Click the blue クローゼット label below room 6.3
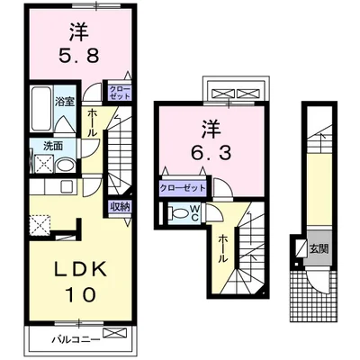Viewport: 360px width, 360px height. coord(181,188)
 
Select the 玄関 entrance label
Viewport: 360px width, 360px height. coord(319,247)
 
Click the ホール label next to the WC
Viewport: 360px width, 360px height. coord(221,247)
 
